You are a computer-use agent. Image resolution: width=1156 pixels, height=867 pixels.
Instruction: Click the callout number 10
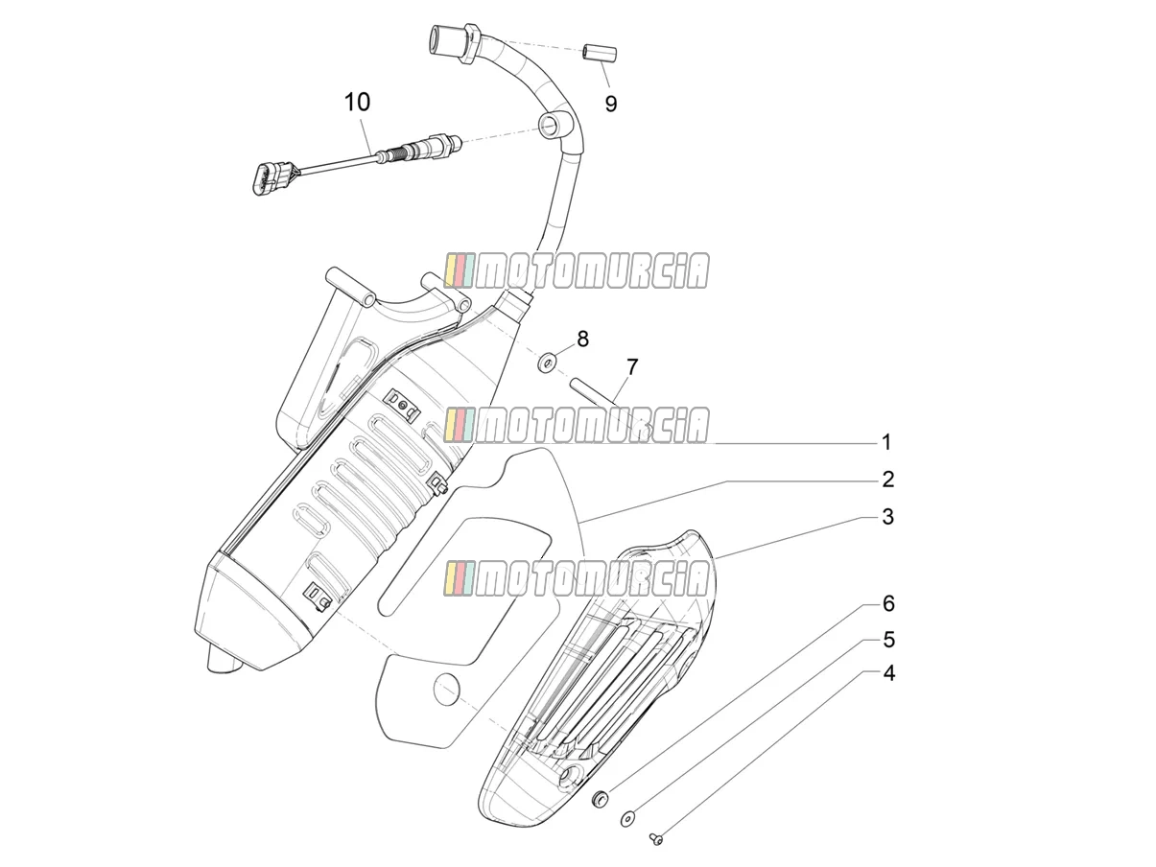click(x=357, y=102)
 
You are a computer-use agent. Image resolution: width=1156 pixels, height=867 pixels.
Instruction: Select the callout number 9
click(x=610, y=105)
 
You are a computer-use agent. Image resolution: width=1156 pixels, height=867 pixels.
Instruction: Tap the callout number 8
click(x=582, y=339)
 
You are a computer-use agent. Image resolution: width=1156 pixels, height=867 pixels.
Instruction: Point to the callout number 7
click(x=632, y=367)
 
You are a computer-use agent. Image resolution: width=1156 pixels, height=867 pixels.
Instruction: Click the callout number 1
click(x=886, y=442)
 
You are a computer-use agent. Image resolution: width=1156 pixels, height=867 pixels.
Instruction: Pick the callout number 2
click(x=888, y=479)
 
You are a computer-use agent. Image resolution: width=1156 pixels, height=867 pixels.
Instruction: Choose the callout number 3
click(x=888, y=516)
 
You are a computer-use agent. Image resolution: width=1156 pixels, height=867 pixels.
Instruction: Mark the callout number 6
click(x=888, y=604)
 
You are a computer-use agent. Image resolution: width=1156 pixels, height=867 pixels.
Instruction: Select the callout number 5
click(x=888, y=640)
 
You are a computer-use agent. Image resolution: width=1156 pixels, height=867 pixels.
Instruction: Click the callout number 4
click(x=888, y=673)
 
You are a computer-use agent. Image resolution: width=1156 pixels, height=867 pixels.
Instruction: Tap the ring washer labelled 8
click(x=548, y=363)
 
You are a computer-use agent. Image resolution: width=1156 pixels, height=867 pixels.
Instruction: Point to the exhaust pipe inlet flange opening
click(x=437, y=39)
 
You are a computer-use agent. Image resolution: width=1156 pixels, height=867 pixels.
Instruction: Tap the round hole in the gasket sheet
click(x=446, y=689)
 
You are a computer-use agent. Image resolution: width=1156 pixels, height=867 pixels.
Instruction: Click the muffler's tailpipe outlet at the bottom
click(x=224, y=661)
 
